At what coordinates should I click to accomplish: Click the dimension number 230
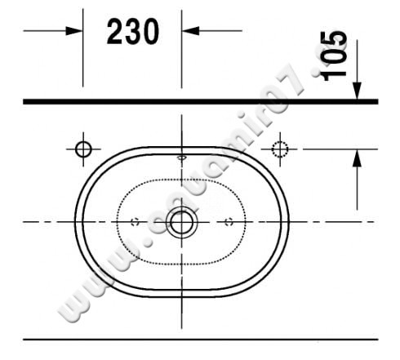click(x=131, y=32)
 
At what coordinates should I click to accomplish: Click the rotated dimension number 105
click(x=335, y=56)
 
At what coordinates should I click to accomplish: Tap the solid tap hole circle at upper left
click(x=82, y=149)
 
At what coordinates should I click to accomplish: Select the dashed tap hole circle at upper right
click(x=280, y=149)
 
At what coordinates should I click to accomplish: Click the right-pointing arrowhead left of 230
click(x=76, y=31)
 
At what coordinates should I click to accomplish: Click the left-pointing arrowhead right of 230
click(x=189, y=31)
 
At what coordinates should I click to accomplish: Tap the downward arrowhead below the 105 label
click(x=357, y=92)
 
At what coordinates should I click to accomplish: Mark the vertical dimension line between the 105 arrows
click(x=357, y=188)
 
